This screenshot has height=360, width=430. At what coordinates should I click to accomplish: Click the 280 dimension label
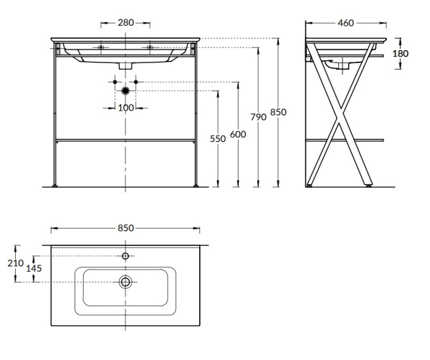coord(125,23)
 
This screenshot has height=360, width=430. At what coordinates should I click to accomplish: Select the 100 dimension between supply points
coord(126,108)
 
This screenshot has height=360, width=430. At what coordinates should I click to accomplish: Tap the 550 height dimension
coord(218,139)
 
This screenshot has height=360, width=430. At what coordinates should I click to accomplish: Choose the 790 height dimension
coord(258,117)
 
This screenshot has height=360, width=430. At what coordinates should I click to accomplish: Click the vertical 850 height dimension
coord(278,113)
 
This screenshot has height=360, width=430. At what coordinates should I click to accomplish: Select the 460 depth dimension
coord(345,23)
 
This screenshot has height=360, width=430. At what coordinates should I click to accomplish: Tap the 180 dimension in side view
coord(401,54)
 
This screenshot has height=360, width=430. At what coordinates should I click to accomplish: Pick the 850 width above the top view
coord(125,228)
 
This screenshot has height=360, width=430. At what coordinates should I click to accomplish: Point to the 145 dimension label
coord(33,268)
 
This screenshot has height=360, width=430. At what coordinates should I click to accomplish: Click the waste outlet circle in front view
coord(126,91)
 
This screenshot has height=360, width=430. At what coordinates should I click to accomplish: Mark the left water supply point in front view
coord(114,82)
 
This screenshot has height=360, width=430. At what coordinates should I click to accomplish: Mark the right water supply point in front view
coord(138,82)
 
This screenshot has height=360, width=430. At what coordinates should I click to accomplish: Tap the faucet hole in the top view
coord(125,255)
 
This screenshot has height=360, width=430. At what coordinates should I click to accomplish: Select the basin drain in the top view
coord(125,282)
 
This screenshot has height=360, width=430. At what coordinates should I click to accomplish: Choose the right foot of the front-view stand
coord(196,187)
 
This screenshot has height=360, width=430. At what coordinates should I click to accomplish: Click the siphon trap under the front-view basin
coord(126,65)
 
